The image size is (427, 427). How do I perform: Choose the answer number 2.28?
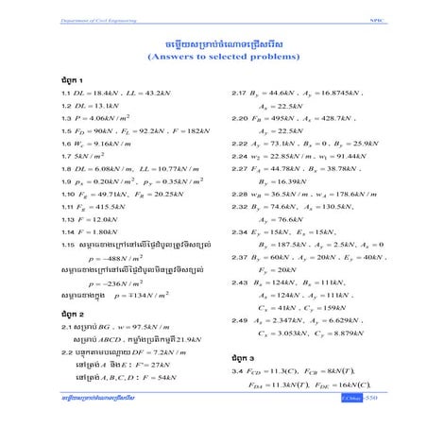(239, 194)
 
